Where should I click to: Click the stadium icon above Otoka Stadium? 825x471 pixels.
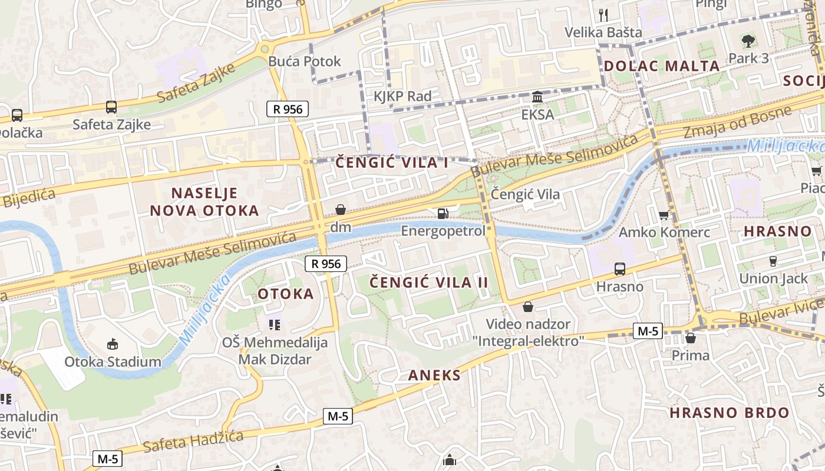[x=113, y=344]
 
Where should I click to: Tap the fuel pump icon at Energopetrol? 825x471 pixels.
[x=443, y=213]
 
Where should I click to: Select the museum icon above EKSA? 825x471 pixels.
[x=537, y=97]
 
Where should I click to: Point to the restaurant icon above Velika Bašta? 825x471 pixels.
[x=603, y=14]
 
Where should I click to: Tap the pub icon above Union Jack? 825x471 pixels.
[x=773, y=261]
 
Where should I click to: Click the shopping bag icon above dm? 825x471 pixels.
[x=341, y=209]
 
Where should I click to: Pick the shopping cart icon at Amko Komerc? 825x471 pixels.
[x=664, y=215]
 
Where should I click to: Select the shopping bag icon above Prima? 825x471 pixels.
[x=691, y=338]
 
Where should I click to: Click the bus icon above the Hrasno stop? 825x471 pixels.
[x=620, y=269]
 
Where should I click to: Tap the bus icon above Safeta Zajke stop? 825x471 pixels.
[x=111, y=107]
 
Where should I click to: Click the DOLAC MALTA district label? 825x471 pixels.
[x=662, y=66]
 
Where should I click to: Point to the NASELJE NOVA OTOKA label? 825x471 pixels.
[x=204, y=201]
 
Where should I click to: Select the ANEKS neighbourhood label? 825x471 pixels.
[x=434, y=375]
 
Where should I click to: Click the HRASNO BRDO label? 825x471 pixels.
[x=729, y=412]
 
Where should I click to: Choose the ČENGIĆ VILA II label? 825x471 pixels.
[x=429, y=283]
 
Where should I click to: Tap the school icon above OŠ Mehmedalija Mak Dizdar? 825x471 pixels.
[x=274, y=324]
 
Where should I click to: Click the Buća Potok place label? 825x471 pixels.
[x=304, y=61]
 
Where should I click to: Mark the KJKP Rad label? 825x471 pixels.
[x=402, y=96]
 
